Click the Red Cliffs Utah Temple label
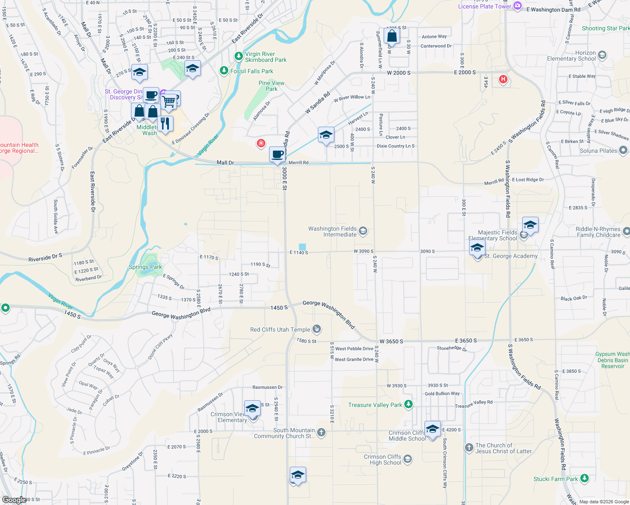click(280, 330)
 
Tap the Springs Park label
click(145, 267)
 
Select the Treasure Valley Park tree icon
click(408, 404)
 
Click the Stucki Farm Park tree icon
click(584, 478)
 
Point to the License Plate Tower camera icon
click(518, 6)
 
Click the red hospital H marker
click(503, 79)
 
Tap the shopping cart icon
click(168, 101)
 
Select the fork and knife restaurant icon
click(165, 123)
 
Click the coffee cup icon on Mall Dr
click(277, 154)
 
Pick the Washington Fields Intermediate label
click(332, 231)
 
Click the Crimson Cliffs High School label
click(382, 460)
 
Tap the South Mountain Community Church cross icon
click(321, 433)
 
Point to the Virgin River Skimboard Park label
click(266, 57)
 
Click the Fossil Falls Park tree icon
click(224, 71)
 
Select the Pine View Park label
click(271, 86)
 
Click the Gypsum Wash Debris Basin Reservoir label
click(613, 360)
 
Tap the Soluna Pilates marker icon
click(623, 150)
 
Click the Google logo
click(14, 500)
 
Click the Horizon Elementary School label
click(571, 56)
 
